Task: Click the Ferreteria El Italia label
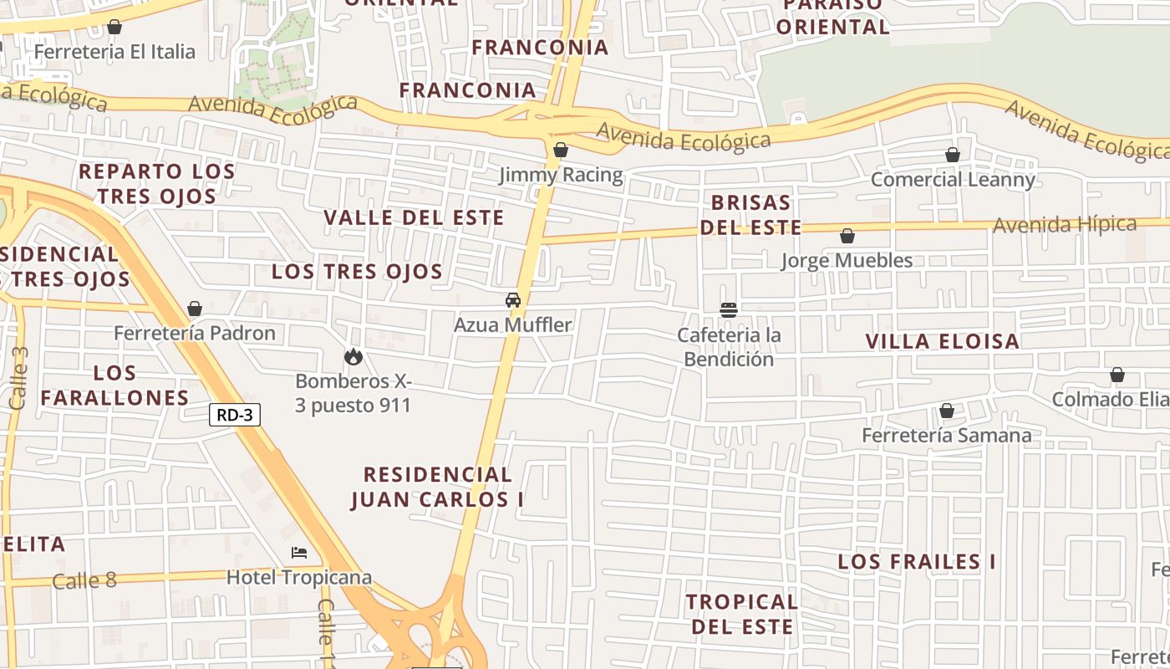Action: coord(114,52)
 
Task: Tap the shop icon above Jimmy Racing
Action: coord(561,151)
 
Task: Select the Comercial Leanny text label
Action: coord(953,180)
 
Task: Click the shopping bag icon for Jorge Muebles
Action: coord(847,237)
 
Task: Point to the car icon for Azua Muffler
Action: coord(513,300)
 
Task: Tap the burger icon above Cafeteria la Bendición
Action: coord(729,310)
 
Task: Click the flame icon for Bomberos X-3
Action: coord(354,357)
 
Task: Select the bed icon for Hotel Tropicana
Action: coord(299,553)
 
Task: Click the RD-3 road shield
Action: coord(235,415)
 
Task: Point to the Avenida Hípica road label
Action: coord(1065,225)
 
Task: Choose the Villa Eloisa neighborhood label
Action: coord(942,341)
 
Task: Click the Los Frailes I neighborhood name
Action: coord(917,562)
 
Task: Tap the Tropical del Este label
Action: coord(741,614)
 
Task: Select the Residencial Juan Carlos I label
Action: coord(437,487)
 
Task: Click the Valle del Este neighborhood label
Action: coord(414,218)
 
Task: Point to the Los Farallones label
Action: coord(114,386)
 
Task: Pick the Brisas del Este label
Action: coord(750,215)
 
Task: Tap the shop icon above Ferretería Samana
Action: coord(947,411)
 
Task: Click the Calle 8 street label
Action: coord(84,580)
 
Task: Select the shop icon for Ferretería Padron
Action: coord(195,309)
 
